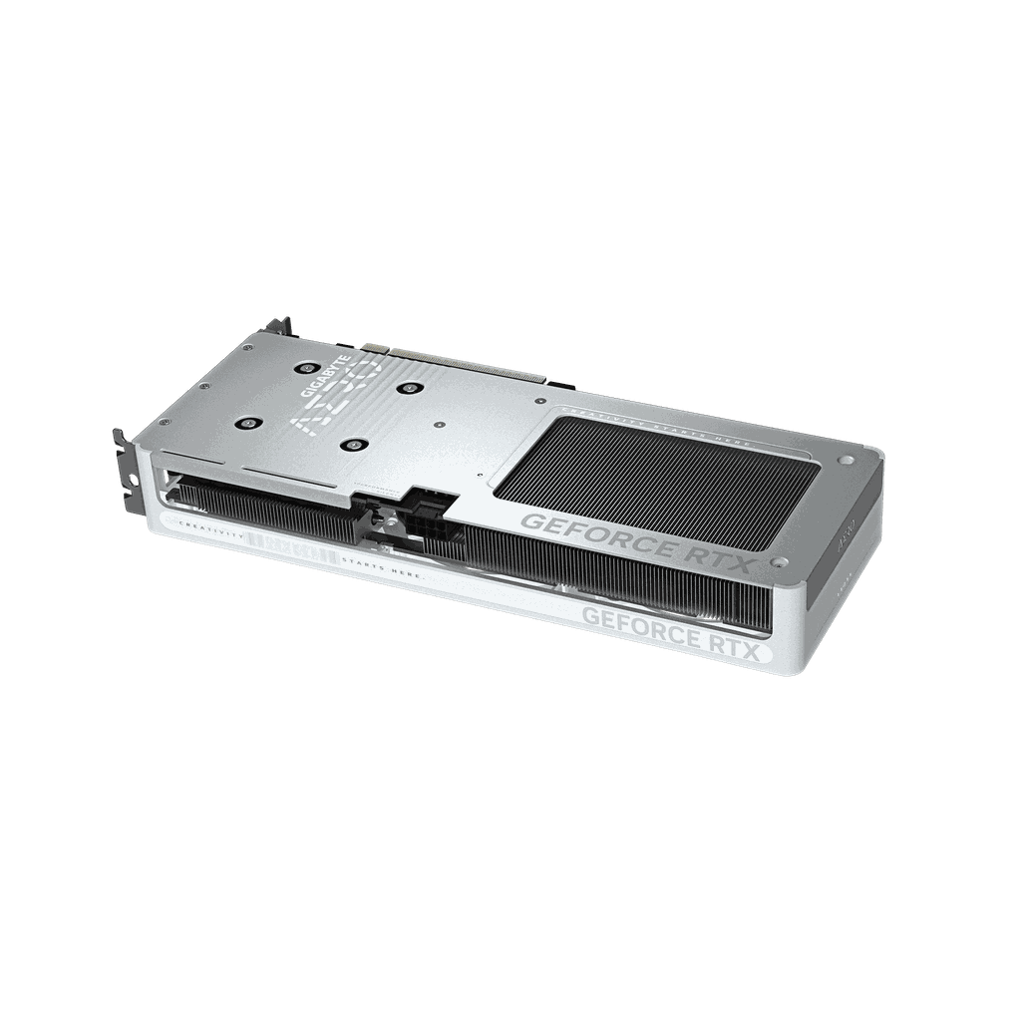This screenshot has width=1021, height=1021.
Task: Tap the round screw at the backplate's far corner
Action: (x=847, y=462)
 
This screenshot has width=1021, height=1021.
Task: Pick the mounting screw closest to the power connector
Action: (x=352, y=446)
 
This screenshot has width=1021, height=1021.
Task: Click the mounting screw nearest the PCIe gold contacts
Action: (x=409, y=387)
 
